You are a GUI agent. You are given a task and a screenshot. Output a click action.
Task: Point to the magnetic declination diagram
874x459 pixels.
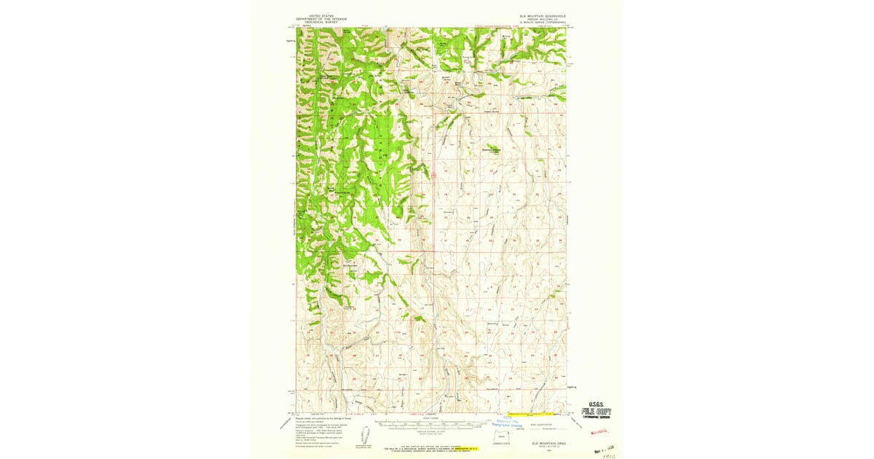click(361, 445)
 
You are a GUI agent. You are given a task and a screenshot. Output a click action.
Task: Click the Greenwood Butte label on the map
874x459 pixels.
click(493, 149)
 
